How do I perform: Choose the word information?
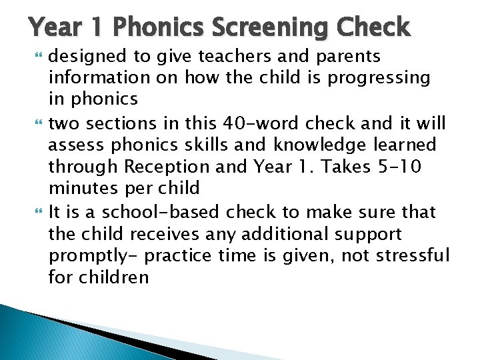(x=93, y=78)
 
